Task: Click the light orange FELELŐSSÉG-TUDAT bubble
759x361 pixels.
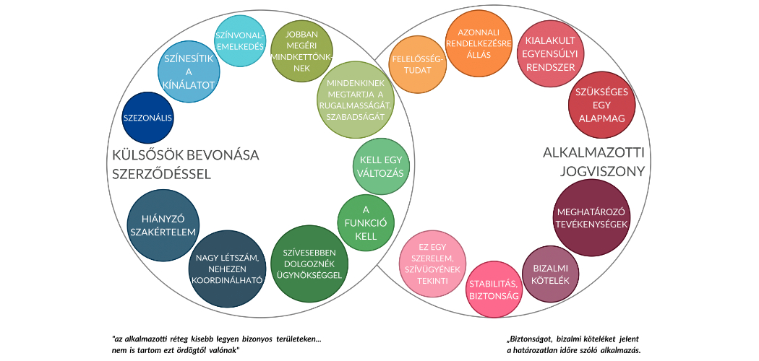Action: (x=418, y=64)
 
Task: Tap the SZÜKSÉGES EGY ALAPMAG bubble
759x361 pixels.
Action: (x=601, y=103)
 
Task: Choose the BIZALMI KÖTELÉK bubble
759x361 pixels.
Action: (x=552, y=274)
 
